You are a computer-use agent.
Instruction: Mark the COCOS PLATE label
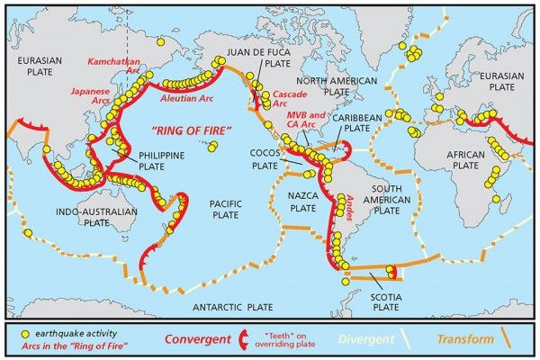265,159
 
